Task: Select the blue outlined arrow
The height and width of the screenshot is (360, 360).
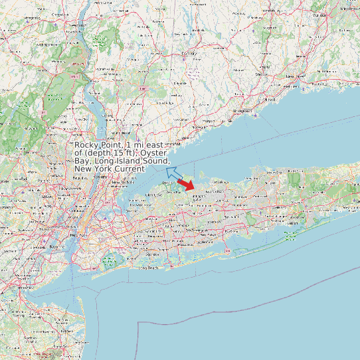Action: pos(174,174)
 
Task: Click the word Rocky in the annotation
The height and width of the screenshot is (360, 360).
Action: pos(85,145)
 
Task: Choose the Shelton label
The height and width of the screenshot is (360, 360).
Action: pos(261,74)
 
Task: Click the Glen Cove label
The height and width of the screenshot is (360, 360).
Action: pos(154,195)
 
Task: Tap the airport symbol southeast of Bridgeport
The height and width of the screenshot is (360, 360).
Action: pos(256,114)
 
